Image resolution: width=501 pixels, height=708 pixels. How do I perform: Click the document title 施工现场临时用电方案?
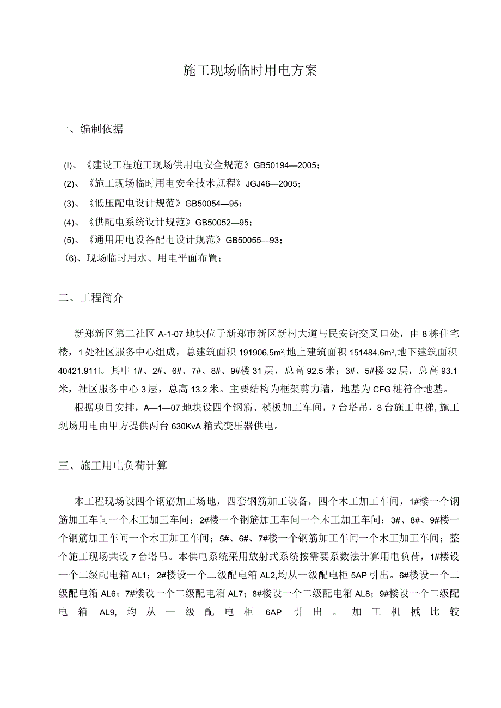pos(250,71)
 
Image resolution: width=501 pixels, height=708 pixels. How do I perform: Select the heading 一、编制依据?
pos(91,129)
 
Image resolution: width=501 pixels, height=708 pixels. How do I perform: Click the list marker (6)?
pos(72,259)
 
